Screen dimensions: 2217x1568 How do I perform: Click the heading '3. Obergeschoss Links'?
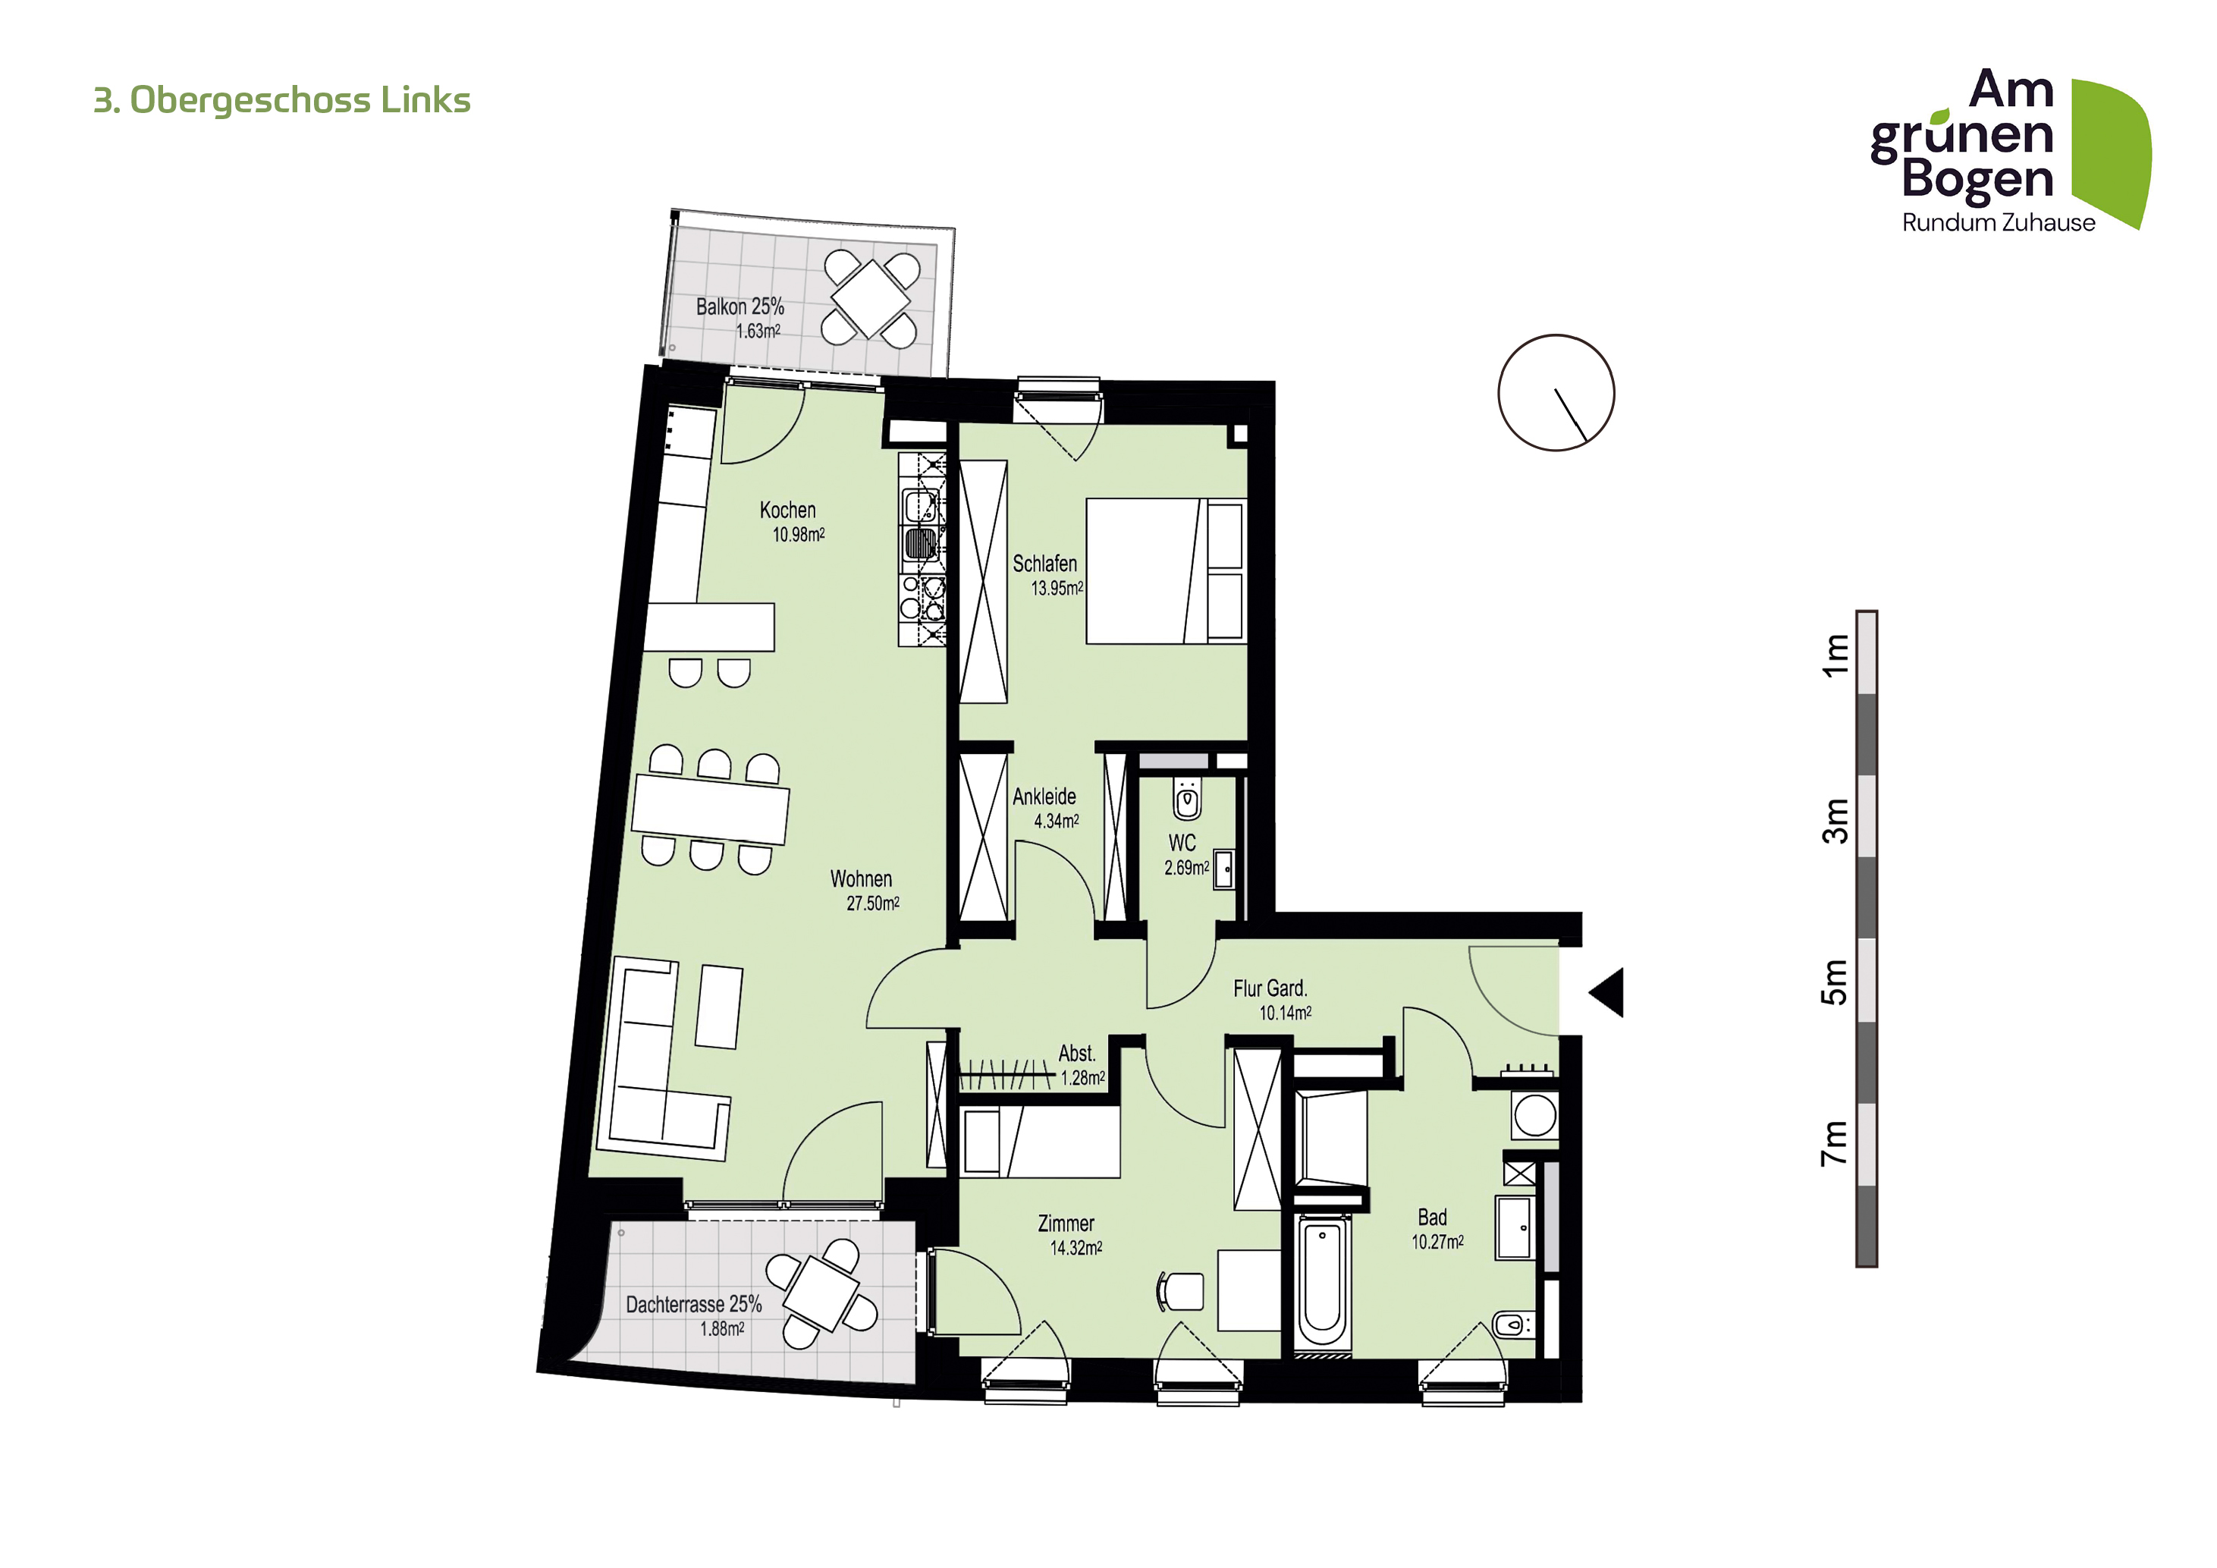tap(281, 100)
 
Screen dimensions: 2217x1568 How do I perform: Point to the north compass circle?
tap(1556, 393)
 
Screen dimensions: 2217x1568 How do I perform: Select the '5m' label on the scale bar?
tap(1835, 982)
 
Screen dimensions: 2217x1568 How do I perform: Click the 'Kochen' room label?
tap(787, 510)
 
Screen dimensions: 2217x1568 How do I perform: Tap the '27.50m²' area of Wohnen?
tap(873, 903)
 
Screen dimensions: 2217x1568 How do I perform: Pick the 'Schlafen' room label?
tap(1044, 563)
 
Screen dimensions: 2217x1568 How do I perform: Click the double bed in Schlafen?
tap(1167, 570)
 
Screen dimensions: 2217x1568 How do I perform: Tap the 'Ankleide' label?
tap(1044, 797)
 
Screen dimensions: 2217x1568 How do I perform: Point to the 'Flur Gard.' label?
tap(1270, 988)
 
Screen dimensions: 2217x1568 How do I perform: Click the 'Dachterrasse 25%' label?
tap(693, 1305)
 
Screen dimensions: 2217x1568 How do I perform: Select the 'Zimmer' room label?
tap(1066, 1224)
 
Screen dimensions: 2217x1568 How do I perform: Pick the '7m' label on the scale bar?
tap(1835, 1143)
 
